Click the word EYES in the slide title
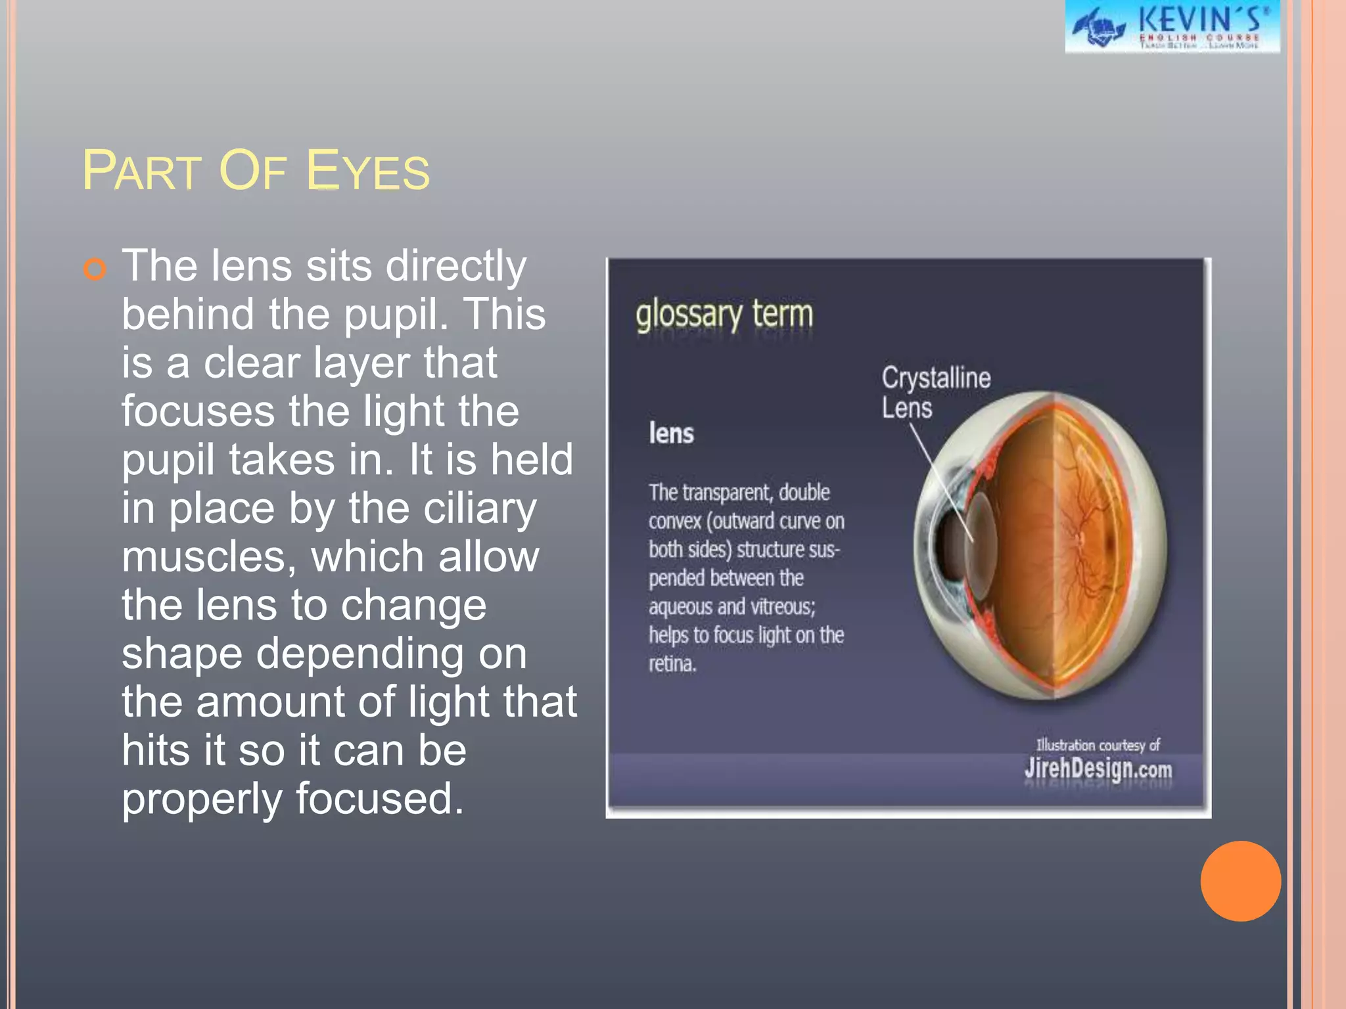coord(367,171)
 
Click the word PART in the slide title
coord(141,171)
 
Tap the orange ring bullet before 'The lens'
coord(95,269)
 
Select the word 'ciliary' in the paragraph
coord(480,509)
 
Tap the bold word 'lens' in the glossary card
coord(671,434)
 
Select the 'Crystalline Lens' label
coord(935,392)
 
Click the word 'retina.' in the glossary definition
coord(672,663)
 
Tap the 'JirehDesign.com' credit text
coord(1098,769)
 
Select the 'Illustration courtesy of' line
coord(1098,745)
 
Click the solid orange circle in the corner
coord(1240,881)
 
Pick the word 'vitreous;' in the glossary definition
coord(782,606)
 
